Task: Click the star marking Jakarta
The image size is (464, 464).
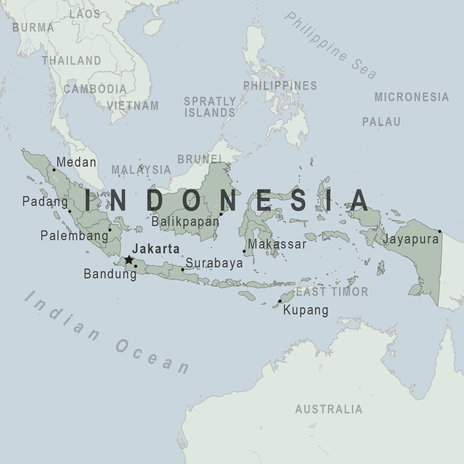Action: [x=129, y=260]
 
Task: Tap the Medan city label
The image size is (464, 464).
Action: [x=76, y=162]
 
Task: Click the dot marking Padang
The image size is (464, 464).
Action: [x=70, y=211]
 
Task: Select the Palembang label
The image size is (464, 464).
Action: [x=75, y=236]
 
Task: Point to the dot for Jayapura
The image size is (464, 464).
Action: [x=440, y=231]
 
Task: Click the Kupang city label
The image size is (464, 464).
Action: [x=306, y=310]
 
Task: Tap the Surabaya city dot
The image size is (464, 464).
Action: [x=183, y=270]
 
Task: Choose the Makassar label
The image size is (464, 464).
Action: [x=277, y=244]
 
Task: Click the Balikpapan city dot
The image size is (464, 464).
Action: [x=221, y=214]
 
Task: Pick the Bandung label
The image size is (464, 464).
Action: [x=110, y=274]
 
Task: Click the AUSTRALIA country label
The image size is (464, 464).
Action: [x=329, y=409]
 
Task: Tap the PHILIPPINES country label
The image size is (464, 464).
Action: [x=280, y=86]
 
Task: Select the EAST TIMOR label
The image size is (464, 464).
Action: [x=332, y=292]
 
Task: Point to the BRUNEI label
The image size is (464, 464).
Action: [x=199, y=159]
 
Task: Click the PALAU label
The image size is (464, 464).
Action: [x=381, y=122]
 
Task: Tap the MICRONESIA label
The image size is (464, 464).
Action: [x=412, y=97]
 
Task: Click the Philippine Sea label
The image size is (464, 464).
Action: [x=330, y=45]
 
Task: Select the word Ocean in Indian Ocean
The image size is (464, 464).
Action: [x=153, y=357]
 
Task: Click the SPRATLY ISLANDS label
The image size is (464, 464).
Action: [x=210, y=107]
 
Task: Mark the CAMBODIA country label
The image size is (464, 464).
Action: [x=95, y=89]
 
